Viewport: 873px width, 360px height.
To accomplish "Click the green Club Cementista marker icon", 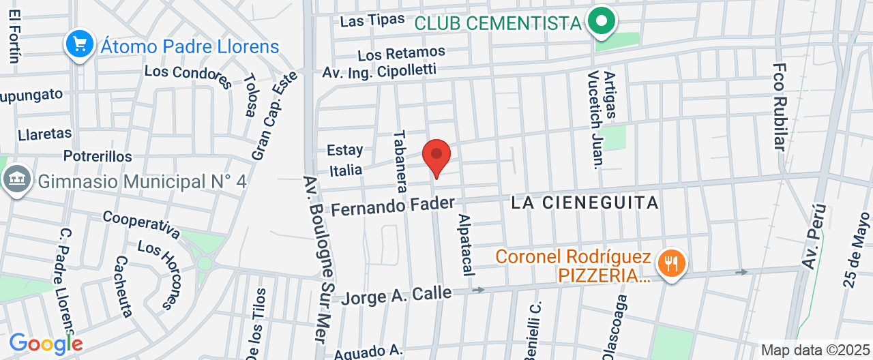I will pyautogui.click(x=601, y=21).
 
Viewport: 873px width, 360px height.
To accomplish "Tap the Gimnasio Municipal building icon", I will pyautogui.click(x=16, y=180).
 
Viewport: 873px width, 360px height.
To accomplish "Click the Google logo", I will pyautogui.click(x=45, y=343).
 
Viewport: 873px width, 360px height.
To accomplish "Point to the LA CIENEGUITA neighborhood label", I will pyautogui.click(x=585, y=202).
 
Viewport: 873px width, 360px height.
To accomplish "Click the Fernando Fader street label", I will pyautogui.click(x=393, y=205).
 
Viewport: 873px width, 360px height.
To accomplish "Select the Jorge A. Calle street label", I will pyautogui.click(x=396, y=295).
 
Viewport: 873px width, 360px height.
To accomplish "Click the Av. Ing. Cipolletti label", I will pyautogui.click(x=379, y=71).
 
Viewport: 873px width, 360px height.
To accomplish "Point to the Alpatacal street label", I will pyautogui.click(x=466, y=244).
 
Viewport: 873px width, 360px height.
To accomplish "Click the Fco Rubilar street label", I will pyautogui.click(x=780, y=106).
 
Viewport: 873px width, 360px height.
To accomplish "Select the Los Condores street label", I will pyautogui.click(x=188, y=77).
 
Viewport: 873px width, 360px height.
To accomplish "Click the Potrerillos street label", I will pyautogui.click(x=98, y=156).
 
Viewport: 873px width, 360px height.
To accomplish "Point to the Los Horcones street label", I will pyautogui.click(x=159, y=273).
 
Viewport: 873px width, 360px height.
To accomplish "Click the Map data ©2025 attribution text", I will pyautogui.click(x=816, y=350).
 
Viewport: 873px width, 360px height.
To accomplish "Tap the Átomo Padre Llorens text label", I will pyautogui.click(x=190, y=46).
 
